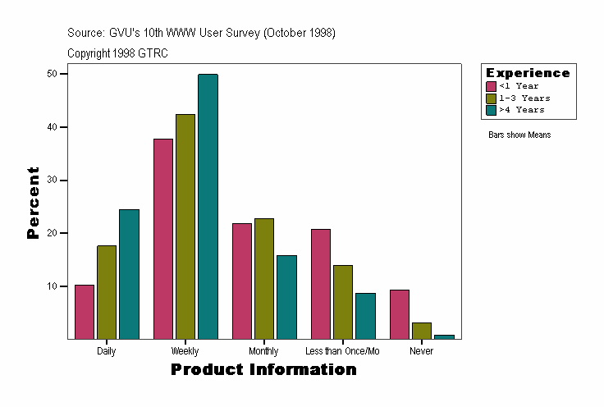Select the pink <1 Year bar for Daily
(x=85, y=312)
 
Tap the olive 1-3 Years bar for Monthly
(x=264, y=279)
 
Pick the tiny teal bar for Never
(x=444, y=336)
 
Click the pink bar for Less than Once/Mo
(x=321, y=284)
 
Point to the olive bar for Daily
(x=107, y=292)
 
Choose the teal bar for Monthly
(x=286, y=297)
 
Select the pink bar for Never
(x=400, y=314)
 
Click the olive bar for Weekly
(x=185, y=226)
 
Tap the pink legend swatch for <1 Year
(x=492, y=86)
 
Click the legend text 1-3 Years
(x=524, y=98)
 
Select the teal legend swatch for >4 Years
(x=492, y=109)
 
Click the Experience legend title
(x=528, y=73)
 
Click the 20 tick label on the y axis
(x=52, y=233)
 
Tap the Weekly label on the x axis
(x=185, y=351)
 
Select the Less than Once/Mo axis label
(x=342, y=351)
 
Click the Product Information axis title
(x=263, y=370)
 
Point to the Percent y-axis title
(x=33, y=203)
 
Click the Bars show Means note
(x=519, y=135)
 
